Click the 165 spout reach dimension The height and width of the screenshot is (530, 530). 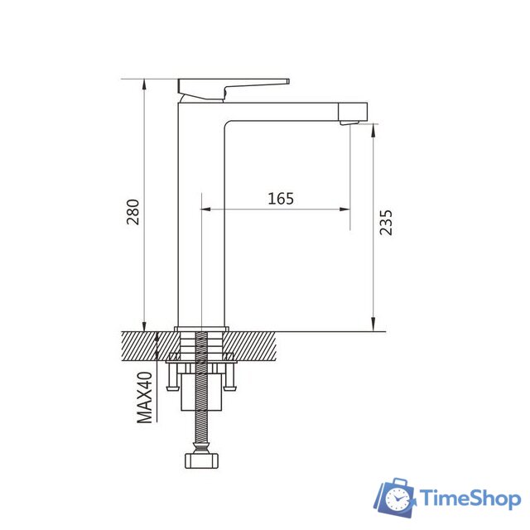[281, 199]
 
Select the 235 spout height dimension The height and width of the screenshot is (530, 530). [386, 222]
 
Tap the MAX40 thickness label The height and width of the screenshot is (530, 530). [146, 397]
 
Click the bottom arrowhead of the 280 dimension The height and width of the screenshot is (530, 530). [146, 324]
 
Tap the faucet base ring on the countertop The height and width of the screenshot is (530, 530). [202, 327]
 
